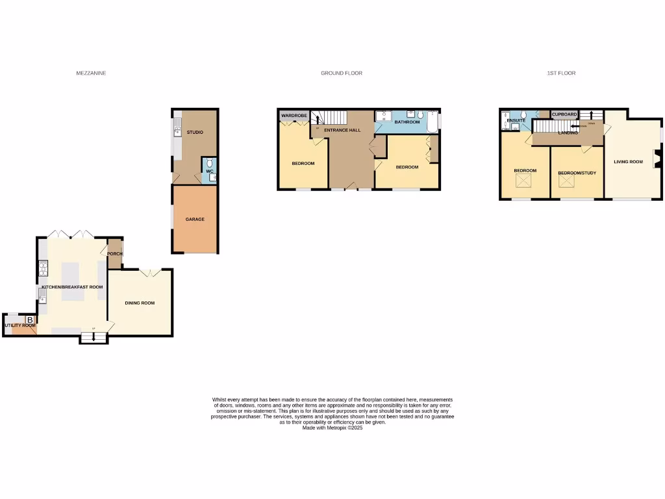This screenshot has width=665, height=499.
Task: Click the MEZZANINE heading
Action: click(91, 73)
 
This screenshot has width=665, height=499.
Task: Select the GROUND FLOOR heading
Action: click(342, 73)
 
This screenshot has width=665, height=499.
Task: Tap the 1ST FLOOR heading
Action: click(561, 73)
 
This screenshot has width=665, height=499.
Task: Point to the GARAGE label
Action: click(195, 220)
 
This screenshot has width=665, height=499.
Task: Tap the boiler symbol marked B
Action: click(30, 320)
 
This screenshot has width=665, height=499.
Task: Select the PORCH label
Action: click(115, 253)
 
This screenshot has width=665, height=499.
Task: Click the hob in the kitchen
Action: click(44, 268)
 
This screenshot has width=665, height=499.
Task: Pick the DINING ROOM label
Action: click(140, 303)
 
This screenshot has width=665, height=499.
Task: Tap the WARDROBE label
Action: click(294, 116)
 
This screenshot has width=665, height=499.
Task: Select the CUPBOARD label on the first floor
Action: click(564, 114)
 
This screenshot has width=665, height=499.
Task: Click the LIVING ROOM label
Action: click(628, 162)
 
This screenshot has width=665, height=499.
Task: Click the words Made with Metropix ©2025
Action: click(332, 428)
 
